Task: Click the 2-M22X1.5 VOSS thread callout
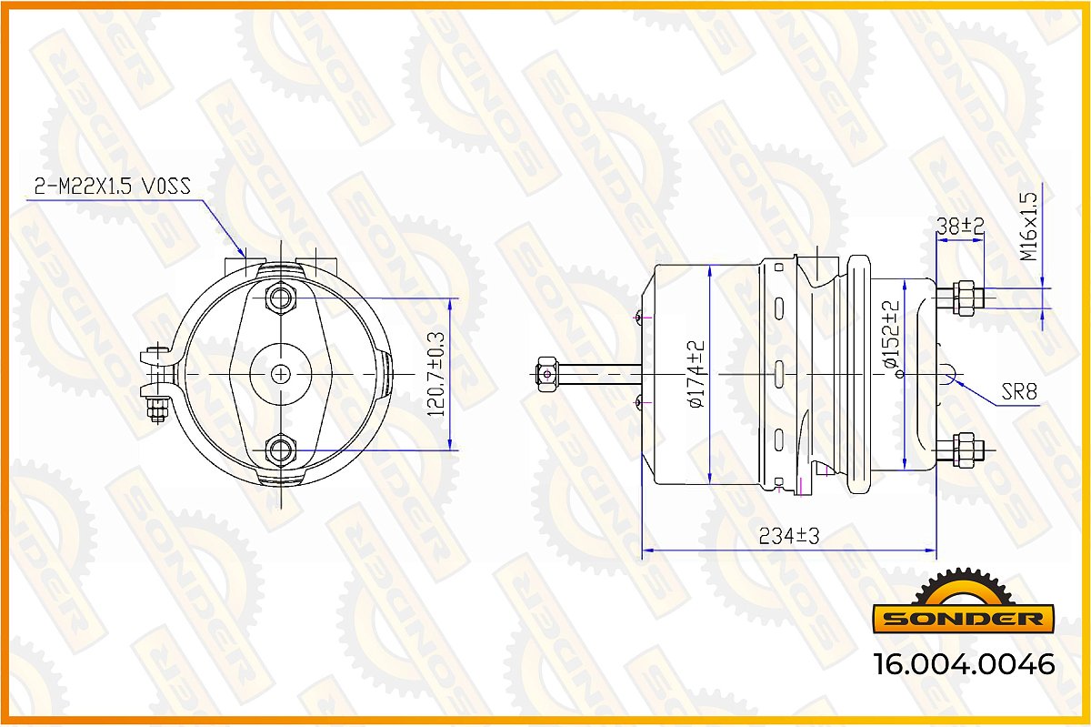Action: [112, 186]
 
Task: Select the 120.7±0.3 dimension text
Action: [435, 375]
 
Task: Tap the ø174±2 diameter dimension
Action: [696, 374]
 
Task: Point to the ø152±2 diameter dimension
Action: [891, 334]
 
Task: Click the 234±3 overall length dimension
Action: [789, 536]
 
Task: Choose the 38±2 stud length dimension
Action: [960, 226]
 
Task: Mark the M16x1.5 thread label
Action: [1029, 227]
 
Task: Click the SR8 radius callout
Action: [1019, 391]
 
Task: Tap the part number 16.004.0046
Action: [965, 664]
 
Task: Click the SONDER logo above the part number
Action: [963, 601]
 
